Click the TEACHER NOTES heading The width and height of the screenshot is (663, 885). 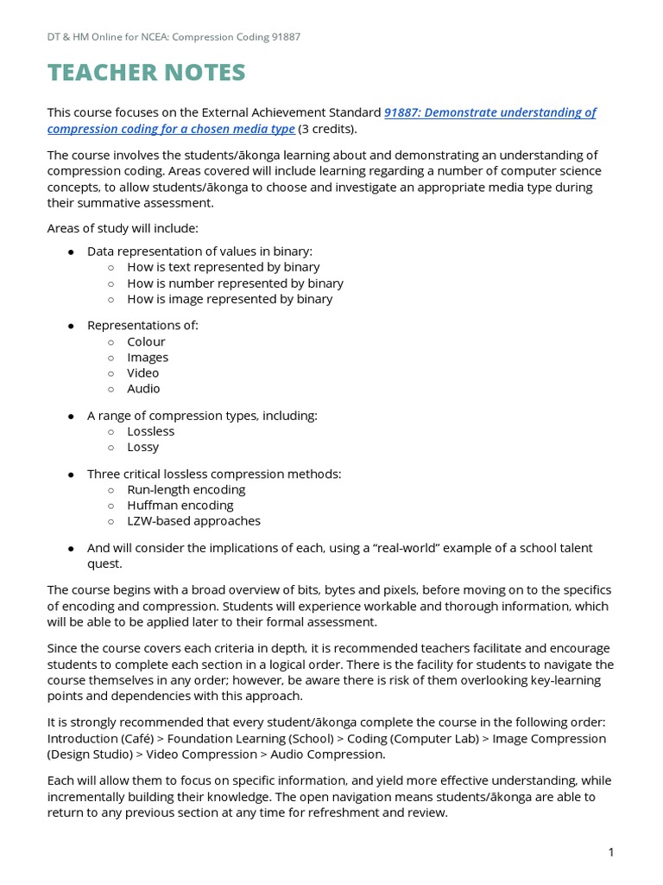(x=147, y=73)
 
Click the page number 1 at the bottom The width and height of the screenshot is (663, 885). (x=611, y=853)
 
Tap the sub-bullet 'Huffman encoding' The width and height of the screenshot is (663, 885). (x=180, y=505)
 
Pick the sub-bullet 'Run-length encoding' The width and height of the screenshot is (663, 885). (x=186, y=489)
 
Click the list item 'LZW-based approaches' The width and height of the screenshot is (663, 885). (x=193, y=520)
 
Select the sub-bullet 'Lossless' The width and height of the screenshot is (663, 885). (x=151, y=431)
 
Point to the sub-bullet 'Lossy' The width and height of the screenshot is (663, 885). (x=143, y=447)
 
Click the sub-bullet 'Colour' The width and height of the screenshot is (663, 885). (x=146, y=341)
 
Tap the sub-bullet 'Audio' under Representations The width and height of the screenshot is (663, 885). (x=143, y=388)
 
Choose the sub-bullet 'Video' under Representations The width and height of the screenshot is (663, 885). (x=143, y=372)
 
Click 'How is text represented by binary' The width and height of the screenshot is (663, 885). (x=224, y=267)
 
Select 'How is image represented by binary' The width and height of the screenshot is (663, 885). (x=230, y=299)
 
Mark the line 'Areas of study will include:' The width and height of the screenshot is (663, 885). (x=123, y=228)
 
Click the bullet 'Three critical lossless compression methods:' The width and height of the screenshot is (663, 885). (x=214, y=474)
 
